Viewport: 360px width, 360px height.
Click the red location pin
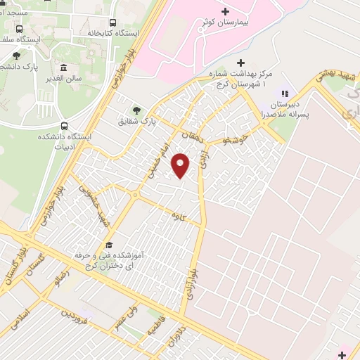click(181, 165)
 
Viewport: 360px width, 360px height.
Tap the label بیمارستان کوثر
click(224, 22)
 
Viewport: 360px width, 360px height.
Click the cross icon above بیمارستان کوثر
click(225, 11)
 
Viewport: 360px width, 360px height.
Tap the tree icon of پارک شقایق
click(136, 110)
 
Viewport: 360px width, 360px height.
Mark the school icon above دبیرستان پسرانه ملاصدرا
click(285, 93)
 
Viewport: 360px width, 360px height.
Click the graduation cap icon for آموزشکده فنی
click(109, 245)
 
